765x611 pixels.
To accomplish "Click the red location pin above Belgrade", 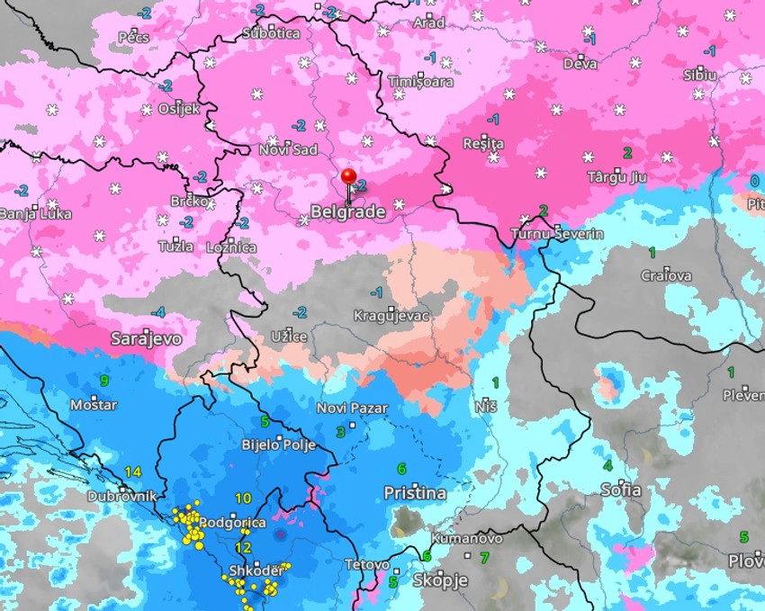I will click(x=349, y=177).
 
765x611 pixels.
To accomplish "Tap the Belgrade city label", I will click(x=347, y=211).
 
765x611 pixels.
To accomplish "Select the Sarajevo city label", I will click(x=146, y=338).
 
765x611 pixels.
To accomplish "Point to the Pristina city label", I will click(x=415, y=493).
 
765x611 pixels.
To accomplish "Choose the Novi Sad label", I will click(x=288, y=149).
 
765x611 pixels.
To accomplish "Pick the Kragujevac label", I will click(x=391, y=316).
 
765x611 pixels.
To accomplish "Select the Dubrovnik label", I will click(x=122, y=496).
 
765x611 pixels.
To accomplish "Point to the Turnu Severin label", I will click(x=556, y=234).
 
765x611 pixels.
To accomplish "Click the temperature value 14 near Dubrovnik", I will click(x=133, y=472).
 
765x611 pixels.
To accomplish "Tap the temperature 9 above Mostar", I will click(x=104, y=381).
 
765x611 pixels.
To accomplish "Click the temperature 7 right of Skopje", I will click(x=483, y=558).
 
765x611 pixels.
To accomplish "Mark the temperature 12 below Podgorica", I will click(x=242, y=547).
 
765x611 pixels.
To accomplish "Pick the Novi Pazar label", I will click(x=352, y=408).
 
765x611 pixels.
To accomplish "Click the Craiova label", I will click(x=666, y=275).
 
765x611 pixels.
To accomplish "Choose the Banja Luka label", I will click(x=26, y=214).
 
